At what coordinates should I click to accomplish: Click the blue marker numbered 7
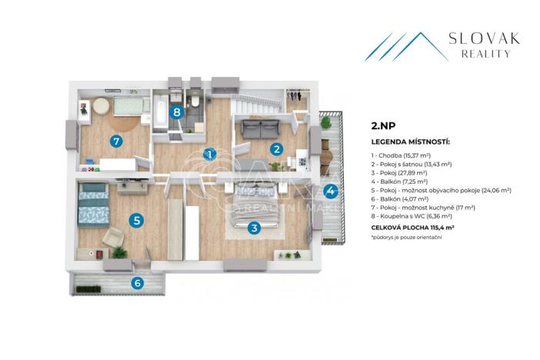point(116,141)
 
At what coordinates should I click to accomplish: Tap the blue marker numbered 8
point(178,112)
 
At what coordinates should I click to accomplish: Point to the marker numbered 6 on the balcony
point(138,282)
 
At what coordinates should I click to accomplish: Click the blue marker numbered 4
point(330,192)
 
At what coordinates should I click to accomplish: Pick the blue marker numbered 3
point(254,227)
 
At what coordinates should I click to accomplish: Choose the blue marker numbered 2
point(274,149)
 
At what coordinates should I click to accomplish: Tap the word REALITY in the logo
point(486,54)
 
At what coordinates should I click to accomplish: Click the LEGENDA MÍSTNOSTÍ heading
point(410,142)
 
